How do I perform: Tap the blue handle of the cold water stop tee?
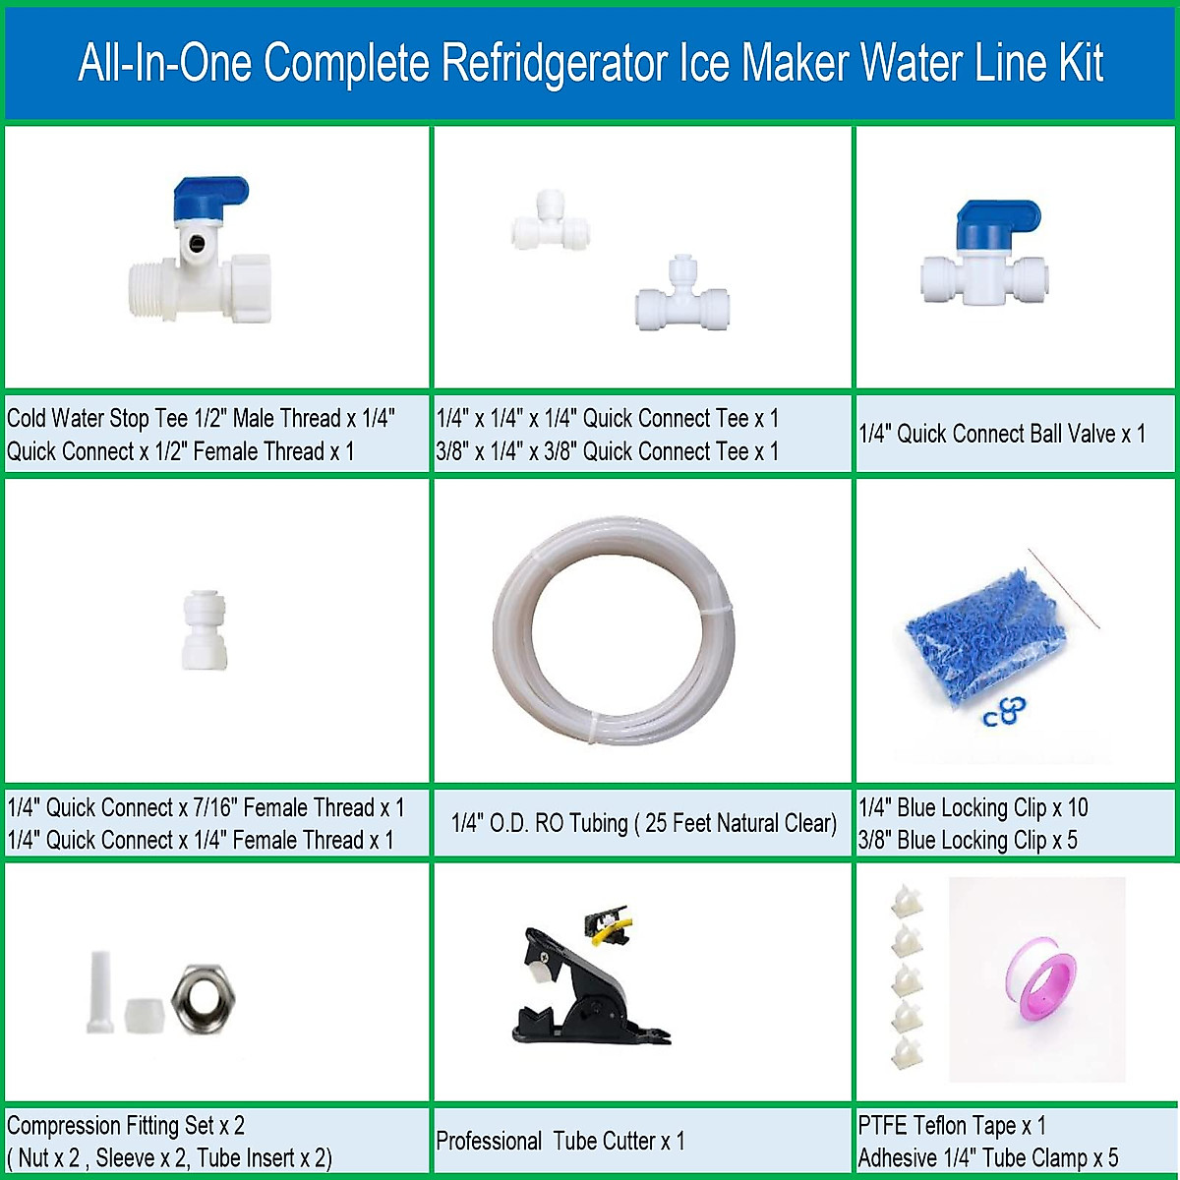209,200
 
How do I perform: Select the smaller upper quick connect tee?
549,223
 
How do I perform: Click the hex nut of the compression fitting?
203,998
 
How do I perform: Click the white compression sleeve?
144,1015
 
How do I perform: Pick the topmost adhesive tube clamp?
905,901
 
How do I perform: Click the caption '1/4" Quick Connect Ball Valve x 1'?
1001,434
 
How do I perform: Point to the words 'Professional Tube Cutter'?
546,1142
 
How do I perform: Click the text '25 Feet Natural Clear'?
740,823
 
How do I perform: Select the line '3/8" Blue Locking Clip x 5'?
968,841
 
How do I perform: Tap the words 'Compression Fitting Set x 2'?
126,1126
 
